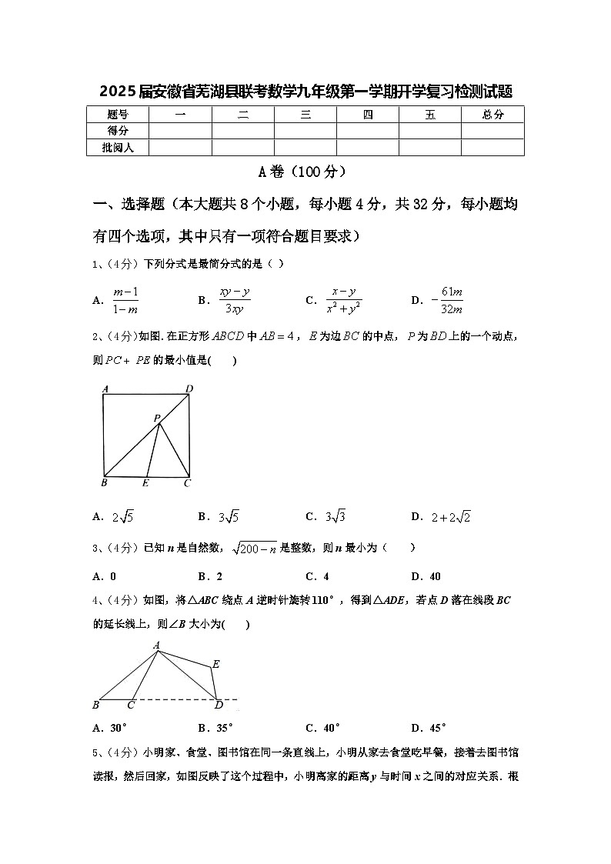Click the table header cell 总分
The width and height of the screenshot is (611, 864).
pyautogui.click(x=492, y=115)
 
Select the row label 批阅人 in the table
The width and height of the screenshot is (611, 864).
pyautogui.click(x=118, y=147)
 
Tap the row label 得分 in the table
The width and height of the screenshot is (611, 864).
pyautogui.click(x=118, y=131)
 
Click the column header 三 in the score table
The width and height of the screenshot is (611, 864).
pyautogui.click(x=305, y=115)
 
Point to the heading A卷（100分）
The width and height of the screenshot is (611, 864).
pyautogui.click(x=305, y=172)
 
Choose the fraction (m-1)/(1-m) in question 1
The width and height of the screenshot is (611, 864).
pyautogui.click(x=125, y=300)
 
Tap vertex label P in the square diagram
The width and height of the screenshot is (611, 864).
pyautogui.click(x=156, y=419)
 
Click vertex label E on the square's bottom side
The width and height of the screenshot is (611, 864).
pyautogui.click(x=145, y=483)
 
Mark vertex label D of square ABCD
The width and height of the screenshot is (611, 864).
pyautogui.click(x=189, y=389)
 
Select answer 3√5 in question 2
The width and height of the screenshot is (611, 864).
pyautogui.click(x=229, y=516)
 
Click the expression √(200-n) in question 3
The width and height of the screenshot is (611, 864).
pyautogui.click(x=254, y=548)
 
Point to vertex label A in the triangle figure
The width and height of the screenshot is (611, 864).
pyautogui.click(x=156, y=645)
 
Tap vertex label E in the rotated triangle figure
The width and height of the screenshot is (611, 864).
pyautogui.click(x=216, y=664)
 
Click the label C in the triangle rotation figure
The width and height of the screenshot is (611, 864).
pyautogui.click(x=132, y=705)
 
